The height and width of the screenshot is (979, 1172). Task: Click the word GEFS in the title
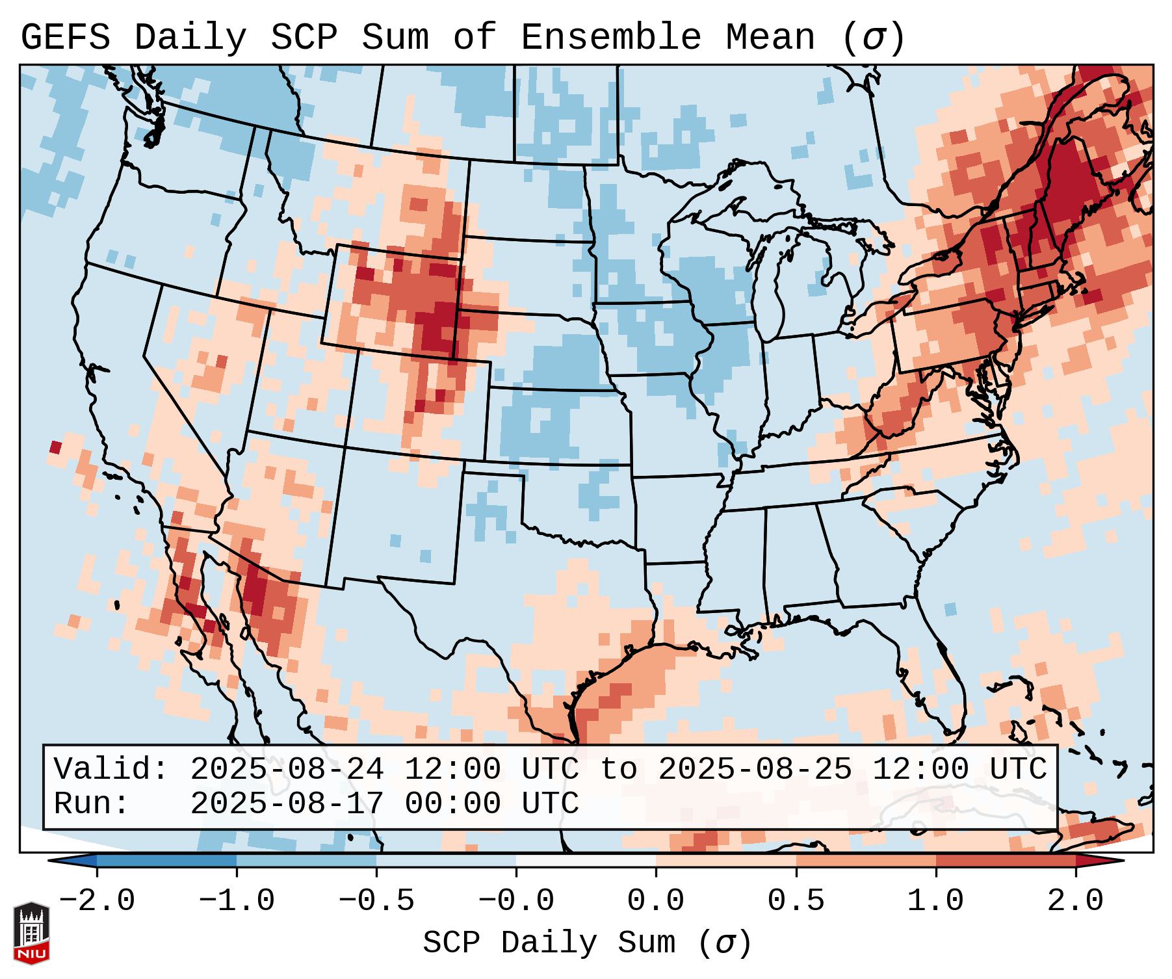pos(65,38)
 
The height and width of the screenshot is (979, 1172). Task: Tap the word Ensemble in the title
pos(610,38)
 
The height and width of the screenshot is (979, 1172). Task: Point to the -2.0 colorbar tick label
pos(97,901)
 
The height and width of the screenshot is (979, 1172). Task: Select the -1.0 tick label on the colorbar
pos(237,901)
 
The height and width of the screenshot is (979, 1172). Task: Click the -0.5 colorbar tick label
pos(376,901)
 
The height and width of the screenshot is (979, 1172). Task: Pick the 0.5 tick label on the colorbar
pos(796,901)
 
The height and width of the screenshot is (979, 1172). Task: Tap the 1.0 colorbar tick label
pos(935,901)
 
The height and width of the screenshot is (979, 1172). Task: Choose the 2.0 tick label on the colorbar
pos(1075,901)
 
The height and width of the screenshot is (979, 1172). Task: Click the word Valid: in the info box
pos(111,769)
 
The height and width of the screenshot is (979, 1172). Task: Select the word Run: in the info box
pos(91,803)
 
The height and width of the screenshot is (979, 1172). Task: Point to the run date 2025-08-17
pos(287,803)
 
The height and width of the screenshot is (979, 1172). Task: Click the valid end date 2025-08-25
pos(755,769)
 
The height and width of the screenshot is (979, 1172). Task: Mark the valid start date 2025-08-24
pos(287,769)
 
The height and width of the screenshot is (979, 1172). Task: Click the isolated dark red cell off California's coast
pos(55,447)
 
